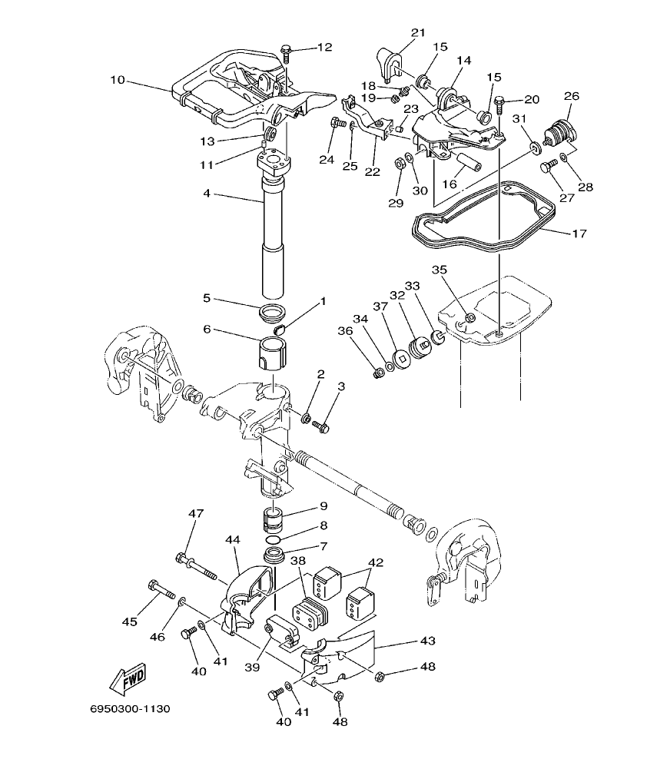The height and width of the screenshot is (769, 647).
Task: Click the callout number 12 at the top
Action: coord(325,48)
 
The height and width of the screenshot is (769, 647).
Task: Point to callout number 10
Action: coord(117,79)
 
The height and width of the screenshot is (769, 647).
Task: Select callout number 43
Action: coord(428,640)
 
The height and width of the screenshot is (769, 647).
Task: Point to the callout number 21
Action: coord(417,32)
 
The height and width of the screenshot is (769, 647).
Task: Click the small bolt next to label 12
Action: coord(287,52)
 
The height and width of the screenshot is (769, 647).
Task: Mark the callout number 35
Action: coord(439,270)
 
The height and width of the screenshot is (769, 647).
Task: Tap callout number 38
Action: coord(298,562)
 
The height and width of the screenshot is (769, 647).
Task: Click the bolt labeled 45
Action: coord(162,590)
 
